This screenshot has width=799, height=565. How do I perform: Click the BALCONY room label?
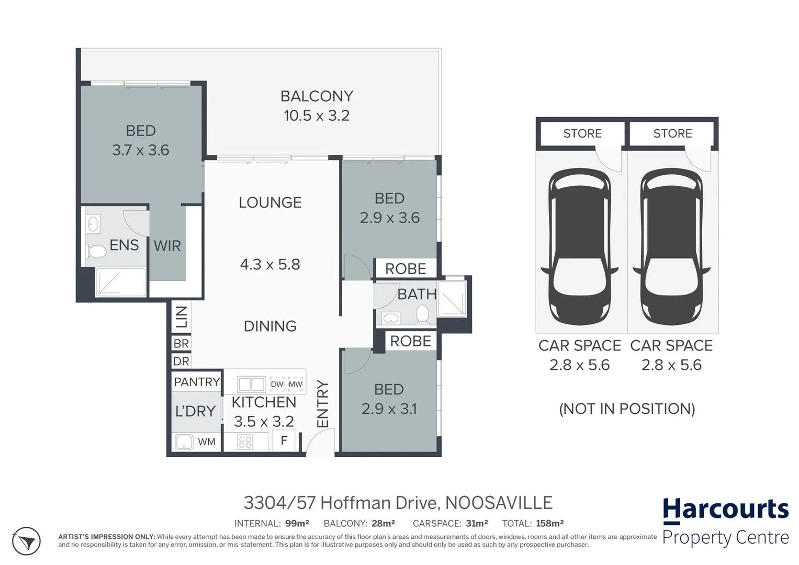[317, 96]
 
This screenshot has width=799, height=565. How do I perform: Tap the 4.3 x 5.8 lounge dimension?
[270, 264]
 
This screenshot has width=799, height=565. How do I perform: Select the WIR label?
[167, 245]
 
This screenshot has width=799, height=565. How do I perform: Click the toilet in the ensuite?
[97, 251]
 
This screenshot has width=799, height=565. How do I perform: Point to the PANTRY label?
[197, 382]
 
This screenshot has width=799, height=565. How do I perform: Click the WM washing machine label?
[206, 442]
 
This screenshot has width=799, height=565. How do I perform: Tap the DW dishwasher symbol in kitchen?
[277, 384]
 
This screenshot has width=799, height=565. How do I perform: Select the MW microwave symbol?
[296, 384]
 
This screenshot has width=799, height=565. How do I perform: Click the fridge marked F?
[284, 440]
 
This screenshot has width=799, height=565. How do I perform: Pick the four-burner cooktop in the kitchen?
[245, 442]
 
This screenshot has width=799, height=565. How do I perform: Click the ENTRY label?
[322, 403]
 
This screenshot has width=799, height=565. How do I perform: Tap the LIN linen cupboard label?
[181, 317]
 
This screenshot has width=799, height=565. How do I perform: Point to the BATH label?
[417, 295]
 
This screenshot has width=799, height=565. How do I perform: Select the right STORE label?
[672, 133]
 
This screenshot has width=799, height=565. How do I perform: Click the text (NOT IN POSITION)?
[627, 409]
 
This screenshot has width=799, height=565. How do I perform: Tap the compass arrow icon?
[26, 541]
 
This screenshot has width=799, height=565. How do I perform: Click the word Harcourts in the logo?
[725, 509]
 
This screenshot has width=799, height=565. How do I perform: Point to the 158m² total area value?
[549, 523]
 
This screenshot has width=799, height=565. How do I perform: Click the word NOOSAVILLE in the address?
[499, 503]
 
